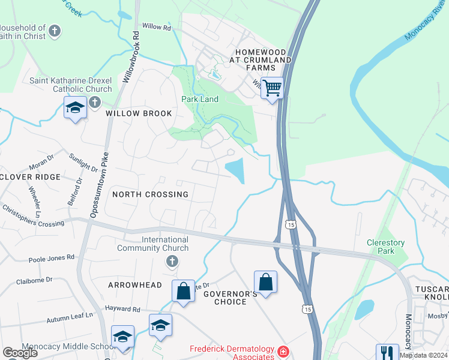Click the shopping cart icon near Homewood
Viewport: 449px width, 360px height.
[x=273, y=88]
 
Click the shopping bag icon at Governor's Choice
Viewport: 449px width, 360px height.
[x=265, y=281]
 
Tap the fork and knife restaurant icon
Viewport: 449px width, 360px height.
[x=387, y=352]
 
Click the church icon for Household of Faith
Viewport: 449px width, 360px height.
[x=55, y=32]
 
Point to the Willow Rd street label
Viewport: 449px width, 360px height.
[x=157, y=28]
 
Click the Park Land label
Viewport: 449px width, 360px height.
[x=200, y=99]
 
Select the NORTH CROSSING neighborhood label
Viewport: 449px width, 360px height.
[x=151, y=194]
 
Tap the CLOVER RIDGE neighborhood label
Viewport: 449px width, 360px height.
[x=31, y=177]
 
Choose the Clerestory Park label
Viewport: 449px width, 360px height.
[x=386, y=247]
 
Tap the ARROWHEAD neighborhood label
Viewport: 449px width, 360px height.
[x=134, y=285]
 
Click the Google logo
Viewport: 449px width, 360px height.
[x=20, y=353]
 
